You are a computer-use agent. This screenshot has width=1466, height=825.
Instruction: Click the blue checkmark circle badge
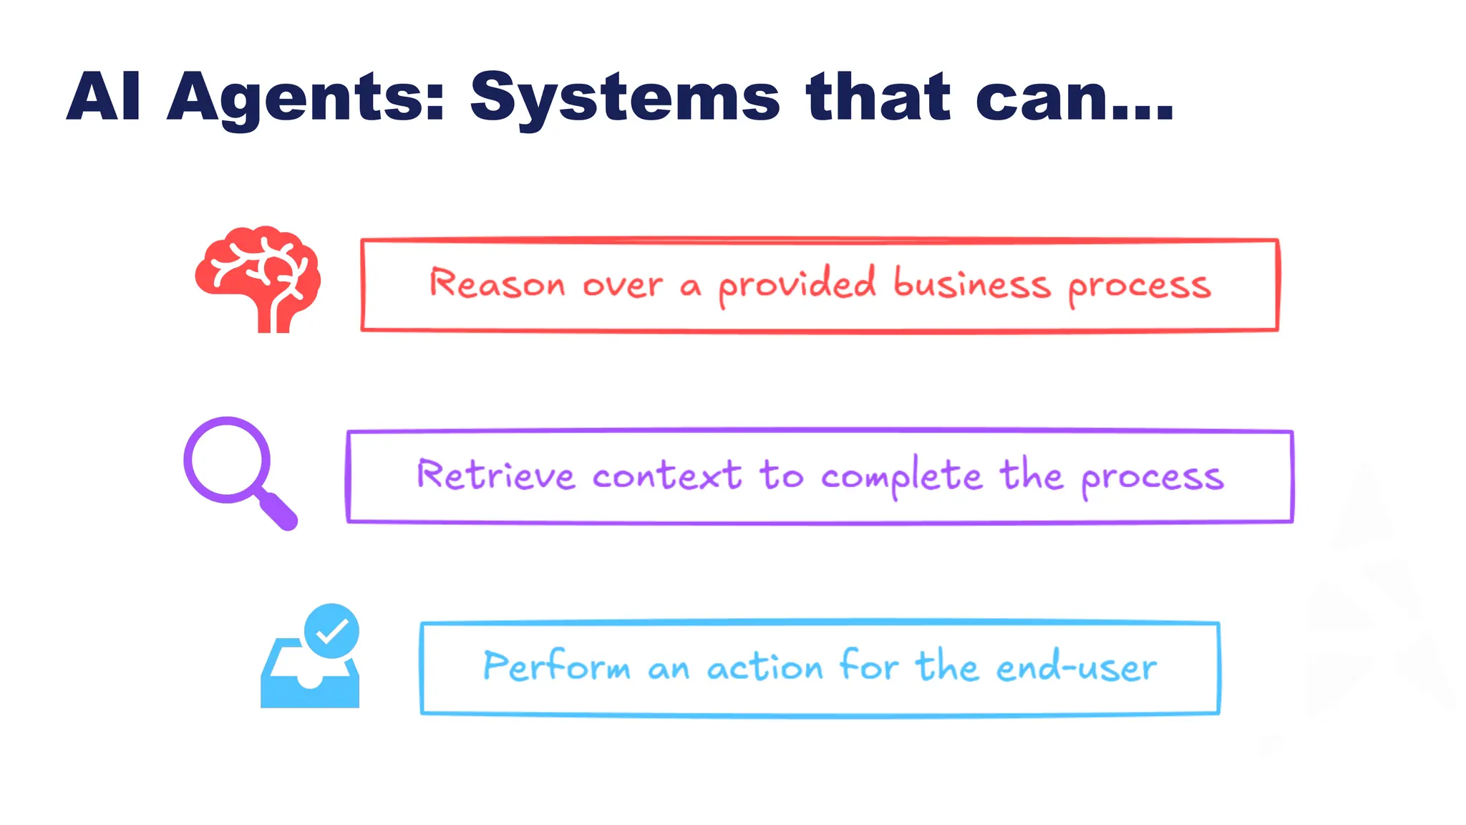(x=331, y=631)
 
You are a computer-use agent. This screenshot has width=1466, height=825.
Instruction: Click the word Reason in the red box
(x=497, y=284)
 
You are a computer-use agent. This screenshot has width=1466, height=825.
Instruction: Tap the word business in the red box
(x=972, y=284)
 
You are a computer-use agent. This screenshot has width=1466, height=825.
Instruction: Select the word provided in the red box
(x=797, y=285)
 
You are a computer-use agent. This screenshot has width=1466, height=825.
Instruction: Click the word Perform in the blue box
(x=556, y=666)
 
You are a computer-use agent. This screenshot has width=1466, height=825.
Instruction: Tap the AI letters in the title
(x=104, y=97)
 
